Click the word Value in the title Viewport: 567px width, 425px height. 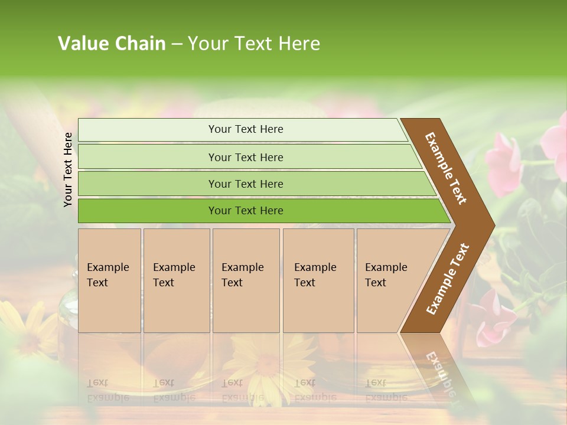(82, 44)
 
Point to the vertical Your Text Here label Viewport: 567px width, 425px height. (68, 169)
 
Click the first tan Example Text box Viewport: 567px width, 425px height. (109, 280)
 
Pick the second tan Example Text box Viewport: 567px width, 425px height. (176, 280)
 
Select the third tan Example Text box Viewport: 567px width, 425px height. (246, 280)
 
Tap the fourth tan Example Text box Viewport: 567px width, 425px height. (318, 280)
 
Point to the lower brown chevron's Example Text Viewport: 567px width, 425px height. (448, 279)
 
